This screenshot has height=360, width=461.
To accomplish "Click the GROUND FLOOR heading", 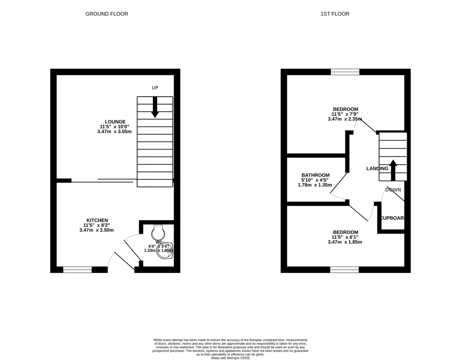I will pos(106,14).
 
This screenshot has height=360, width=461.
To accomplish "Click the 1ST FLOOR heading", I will pos(335,14).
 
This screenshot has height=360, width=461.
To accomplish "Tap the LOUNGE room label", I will pos(115,122).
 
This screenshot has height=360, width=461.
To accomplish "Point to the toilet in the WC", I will pos(158,232).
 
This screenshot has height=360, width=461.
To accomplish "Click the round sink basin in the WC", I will pos(165,250).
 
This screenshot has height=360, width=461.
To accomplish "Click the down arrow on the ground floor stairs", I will pos(155,107).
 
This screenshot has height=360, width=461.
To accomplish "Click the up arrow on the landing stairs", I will pos(393,170).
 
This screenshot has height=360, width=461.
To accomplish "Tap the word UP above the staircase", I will pos(155,88).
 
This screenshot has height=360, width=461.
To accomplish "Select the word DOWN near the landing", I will pos(393,190).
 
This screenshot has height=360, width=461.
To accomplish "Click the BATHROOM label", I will pos(315,175).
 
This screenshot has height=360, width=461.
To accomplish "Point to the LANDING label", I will pos(377,169).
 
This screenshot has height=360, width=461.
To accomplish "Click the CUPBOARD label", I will pos(392,218).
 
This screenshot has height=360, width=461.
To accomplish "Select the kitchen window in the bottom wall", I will pos(77,270).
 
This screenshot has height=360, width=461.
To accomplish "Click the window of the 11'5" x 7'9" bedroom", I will pos(345,72).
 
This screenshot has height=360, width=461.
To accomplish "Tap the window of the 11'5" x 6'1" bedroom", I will pos(344,270).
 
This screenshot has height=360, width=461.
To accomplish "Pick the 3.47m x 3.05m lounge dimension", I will pos(114,131).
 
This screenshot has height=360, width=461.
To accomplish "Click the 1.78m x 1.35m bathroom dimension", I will pos(315,185).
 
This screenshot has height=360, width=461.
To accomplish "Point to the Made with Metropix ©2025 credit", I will pos(230,358).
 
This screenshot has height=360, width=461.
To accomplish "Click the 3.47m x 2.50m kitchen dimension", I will pos(96,230).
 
